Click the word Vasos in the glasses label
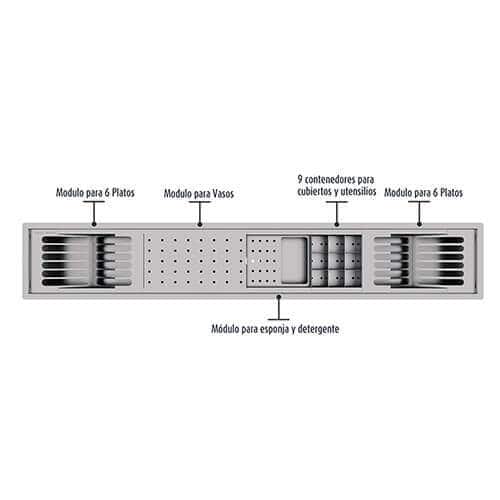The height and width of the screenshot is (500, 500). coord(223,194)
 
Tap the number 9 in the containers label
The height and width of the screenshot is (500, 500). coord(300,179)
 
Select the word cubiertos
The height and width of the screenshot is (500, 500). coord(315,192)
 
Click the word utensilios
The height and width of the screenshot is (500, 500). coord(358,191)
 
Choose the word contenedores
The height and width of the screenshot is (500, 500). coord(331,179)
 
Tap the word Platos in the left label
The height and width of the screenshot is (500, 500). coord(123,193)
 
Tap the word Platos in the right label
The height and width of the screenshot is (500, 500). coord(451,193)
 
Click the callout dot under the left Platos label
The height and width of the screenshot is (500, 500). coord(94,224)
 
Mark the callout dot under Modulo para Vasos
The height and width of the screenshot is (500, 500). coord(200,224)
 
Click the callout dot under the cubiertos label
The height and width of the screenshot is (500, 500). coord(337,224)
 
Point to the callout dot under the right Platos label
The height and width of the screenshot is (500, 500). coord(419,224)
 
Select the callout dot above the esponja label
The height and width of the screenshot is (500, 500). coord(278,296)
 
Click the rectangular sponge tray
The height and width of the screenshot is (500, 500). coord(294,261)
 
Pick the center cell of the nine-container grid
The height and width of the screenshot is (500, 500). coord(336,261)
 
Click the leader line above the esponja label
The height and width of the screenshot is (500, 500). coord(278,308)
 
